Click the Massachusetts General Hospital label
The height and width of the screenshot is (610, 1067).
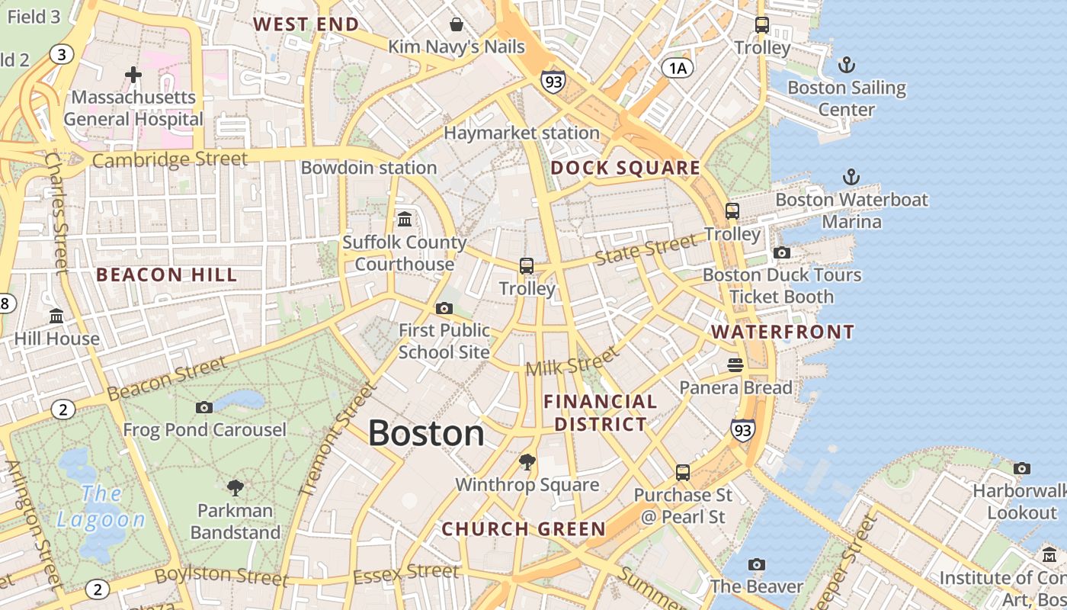tap(133, 108)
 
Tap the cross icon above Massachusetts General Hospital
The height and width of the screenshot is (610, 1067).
tap(133, 74)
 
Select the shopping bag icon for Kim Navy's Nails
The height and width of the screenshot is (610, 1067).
tap(457, 24)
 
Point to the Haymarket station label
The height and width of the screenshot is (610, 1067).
tap(521, 133)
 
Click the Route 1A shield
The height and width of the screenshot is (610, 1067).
tap(678, 69)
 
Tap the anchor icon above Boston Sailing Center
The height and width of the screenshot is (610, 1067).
tap(846, 65)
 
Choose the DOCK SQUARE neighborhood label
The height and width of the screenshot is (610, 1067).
tap(625, 168)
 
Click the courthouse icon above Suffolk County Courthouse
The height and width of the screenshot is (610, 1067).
tap(405, 220)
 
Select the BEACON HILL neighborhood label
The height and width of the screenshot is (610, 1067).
tap(167, 274)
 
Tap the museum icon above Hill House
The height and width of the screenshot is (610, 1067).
tap(56, 316)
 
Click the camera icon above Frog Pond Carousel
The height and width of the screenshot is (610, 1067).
tap(203, 407)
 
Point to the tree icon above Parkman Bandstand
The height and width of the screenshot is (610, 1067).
tap(236, 487)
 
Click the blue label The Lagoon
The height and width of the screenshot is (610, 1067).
tap(101, 507)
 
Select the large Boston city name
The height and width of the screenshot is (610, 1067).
tap(426, 433)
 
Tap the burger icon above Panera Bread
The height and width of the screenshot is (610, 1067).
tap(735, 365)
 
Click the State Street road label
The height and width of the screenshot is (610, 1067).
tap(645, 249)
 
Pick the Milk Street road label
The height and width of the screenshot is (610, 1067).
tap(572, 361)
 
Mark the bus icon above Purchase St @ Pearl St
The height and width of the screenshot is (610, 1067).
tap(683, 473)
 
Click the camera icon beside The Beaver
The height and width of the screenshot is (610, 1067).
tap(756, 564)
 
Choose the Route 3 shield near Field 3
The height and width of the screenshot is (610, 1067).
tap(62, 53)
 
